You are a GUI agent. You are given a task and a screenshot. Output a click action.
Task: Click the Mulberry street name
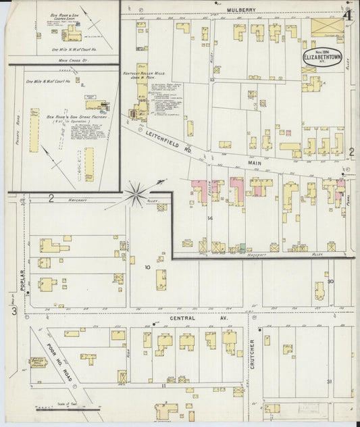[x=241, y=9]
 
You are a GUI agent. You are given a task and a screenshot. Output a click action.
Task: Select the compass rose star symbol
[x=136, y=195]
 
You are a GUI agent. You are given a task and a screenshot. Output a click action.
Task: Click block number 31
[x=330, y=382]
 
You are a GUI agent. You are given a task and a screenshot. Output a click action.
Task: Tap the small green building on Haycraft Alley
[x=241, y=247]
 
